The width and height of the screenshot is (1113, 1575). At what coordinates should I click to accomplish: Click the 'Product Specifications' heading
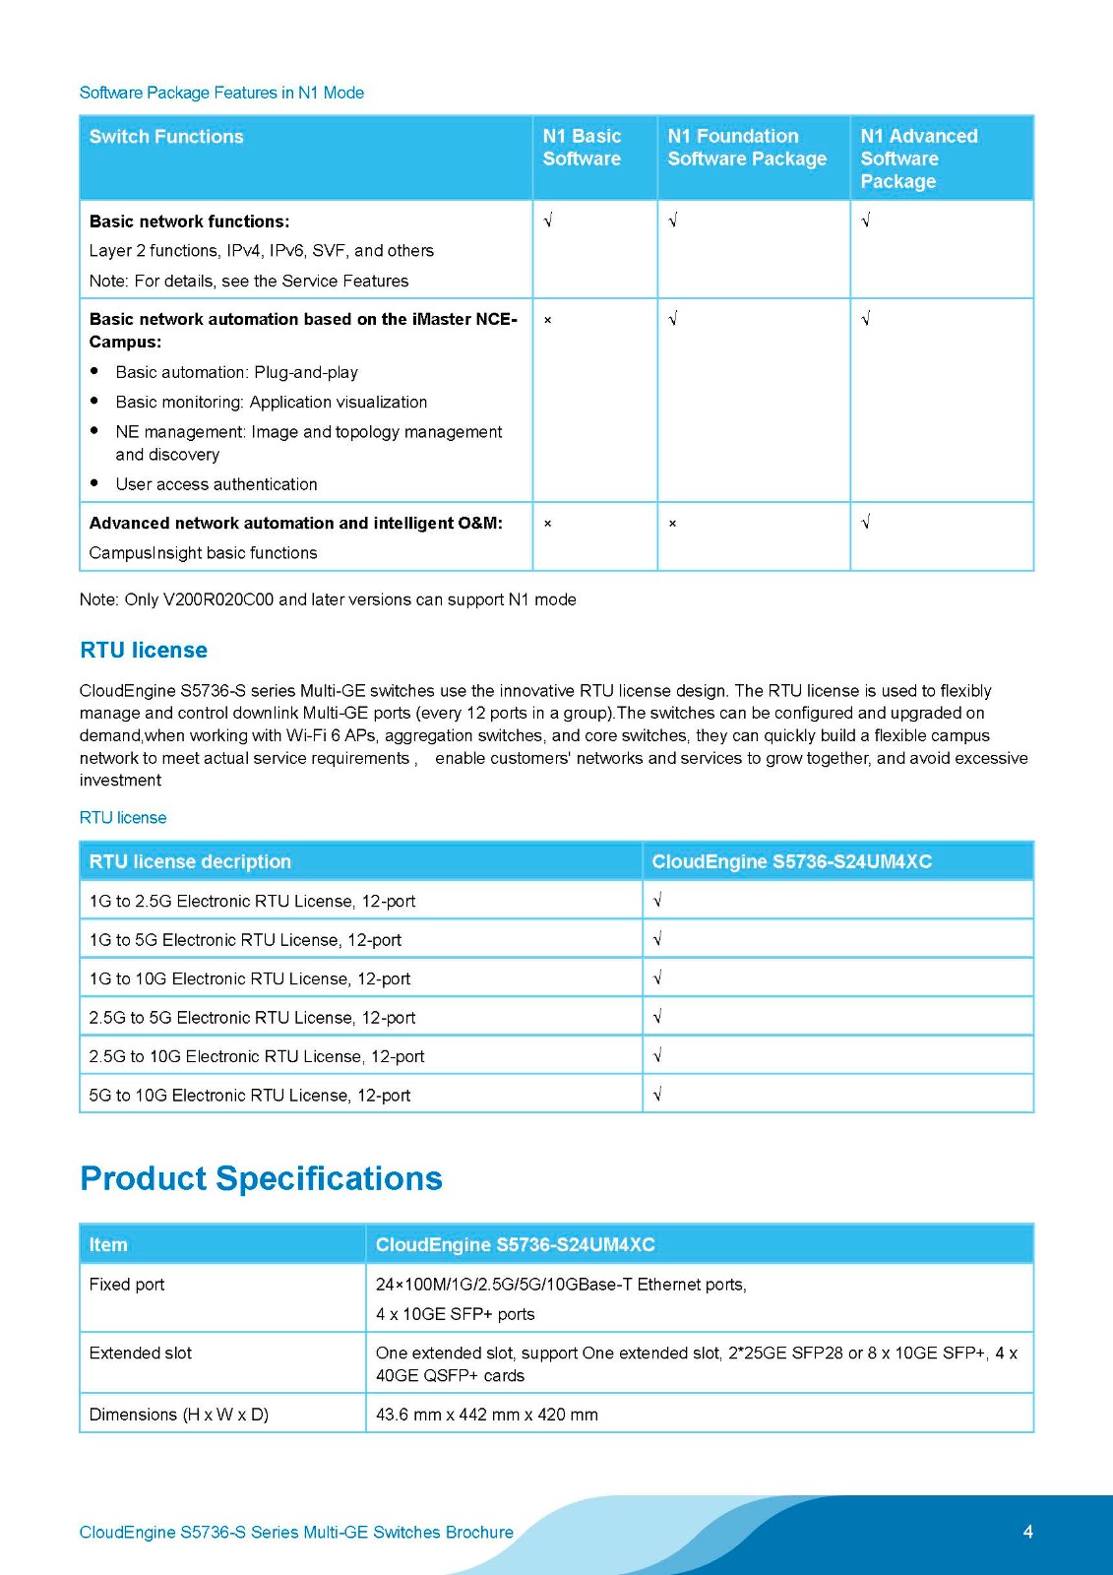261,1178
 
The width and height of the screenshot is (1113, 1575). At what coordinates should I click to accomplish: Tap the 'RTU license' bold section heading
144,650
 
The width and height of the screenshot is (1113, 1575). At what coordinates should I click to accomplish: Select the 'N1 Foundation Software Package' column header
747,148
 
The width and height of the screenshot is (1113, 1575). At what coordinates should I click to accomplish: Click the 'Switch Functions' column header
166,137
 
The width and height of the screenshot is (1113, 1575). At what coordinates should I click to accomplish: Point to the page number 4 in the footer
1027,1532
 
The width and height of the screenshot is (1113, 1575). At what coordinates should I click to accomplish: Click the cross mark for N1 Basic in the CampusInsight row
548,524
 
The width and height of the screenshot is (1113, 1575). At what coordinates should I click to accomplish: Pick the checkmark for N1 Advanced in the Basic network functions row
866,220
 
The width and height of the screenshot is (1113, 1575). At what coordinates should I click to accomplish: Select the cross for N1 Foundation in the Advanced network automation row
673,524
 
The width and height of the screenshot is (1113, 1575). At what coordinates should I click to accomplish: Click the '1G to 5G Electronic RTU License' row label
245,940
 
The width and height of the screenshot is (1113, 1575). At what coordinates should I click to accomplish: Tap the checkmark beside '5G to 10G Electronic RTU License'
657,1095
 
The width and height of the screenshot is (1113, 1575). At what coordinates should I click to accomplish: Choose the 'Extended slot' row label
141,1353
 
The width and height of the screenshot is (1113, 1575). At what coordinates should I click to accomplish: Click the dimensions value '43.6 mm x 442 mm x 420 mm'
487,1415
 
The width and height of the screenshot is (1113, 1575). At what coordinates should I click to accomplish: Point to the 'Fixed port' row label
127,1285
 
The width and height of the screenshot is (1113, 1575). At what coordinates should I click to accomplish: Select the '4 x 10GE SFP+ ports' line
456,1314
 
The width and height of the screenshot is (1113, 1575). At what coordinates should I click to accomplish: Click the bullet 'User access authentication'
216,484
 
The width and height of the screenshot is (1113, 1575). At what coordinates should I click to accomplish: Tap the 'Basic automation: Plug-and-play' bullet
236,372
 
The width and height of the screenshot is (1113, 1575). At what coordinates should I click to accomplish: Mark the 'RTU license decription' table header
190,861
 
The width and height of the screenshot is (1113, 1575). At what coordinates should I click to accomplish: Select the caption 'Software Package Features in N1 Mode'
221,93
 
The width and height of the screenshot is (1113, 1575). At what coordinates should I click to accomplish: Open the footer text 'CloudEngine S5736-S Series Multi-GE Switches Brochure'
296,1533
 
